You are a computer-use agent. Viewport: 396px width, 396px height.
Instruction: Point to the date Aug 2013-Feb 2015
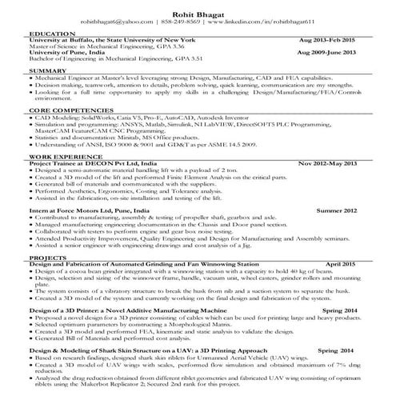(x=333, y=40)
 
